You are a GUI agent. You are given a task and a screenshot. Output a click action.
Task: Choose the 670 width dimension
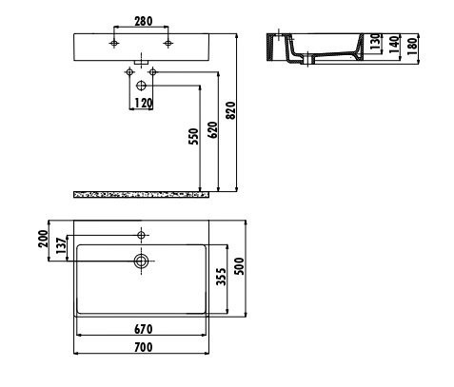click(141, 329)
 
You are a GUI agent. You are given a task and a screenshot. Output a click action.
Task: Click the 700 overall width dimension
click(141, 348)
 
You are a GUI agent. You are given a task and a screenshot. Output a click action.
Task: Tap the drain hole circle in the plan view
click(141, 258)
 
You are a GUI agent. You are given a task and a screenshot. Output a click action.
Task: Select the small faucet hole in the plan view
click(141, 234)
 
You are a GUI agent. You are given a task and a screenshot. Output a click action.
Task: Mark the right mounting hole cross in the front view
click(168, 44)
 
